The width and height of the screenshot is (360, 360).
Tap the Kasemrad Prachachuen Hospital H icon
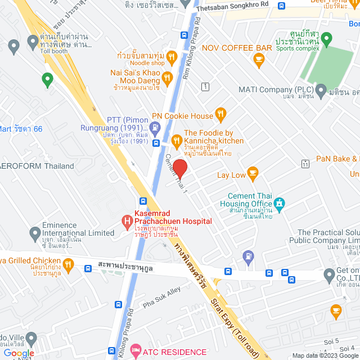(126, 218)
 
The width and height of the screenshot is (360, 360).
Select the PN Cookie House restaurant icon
(221, 116)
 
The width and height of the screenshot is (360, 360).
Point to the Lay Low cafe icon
(253, 175)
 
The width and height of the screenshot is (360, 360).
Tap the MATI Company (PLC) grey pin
(321, 89)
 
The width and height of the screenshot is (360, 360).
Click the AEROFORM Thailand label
(37, 166)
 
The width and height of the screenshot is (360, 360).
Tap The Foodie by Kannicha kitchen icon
(176, 140)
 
